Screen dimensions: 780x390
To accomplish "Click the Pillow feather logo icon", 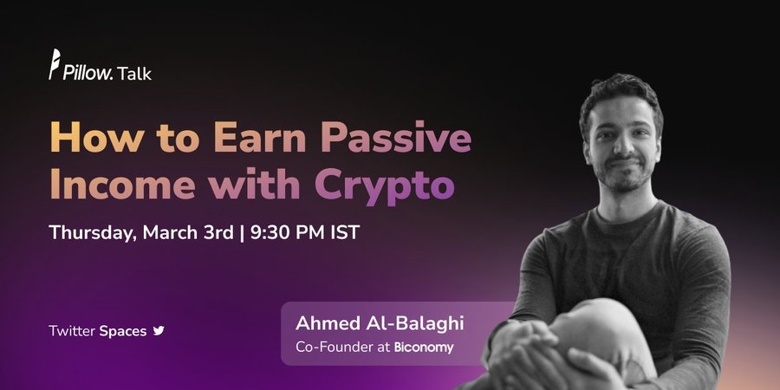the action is click(x=55, y=64).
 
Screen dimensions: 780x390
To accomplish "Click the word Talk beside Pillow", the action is click(x=134, y=73).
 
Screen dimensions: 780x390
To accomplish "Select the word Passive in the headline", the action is click(x=395, y=137).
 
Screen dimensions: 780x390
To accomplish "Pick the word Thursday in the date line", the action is click(x=93, y=233).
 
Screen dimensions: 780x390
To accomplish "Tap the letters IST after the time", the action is click(x=345, y=232).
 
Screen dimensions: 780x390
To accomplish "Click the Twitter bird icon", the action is click(x=159, y=331).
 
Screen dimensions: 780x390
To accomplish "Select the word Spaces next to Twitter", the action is click(x=123, y=331).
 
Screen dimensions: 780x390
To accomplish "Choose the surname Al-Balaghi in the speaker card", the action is click(x=414, y=323).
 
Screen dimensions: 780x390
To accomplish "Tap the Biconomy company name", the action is click(x=424, y=348).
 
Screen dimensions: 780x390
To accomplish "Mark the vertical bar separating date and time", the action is click(x=243, y=233).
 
